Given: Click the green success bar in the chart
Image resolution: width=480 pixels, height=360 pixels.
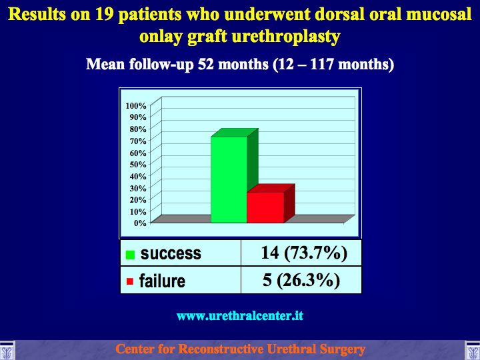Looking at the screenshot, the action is point(229,179).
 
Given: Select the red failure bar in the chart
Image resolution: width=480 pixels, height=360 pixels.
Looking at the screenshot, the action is point(265,207).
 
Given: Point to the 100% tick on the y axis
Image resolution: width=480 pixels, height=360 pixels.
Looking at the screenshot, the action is point(136,105).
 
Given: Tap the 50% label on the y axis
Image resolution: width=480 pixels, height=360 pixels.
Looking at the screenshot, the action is point(138,165).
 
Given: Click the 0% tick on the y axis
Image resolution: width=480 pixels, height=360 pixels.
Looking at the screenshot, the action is point(140,223).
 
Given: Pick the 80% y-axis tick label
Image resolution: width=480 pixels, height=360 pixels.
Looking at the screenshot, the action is point(138,129).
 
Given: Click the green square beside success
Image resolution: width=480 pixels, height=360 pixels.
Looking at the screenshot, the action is point(130,255).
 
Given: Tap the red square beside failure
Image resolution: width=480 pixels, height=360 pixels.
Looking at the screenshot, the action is point(130,281).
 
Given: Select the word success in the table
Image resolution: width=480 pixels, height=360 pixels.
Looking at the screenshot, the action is point(171,253).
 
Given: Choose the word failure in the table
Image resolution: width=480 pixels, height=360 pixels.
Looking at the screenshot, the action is point(162,281).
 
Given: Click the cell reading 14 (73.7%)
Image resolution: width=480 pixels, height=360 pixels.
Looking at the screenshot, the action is point(301,253).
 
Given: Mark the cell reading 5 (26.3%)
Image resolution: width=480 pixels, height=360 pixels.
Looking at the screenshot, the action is point(301,280).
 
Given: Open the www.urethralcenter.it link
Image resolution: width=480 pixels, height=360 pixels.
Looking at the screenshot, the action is point(240,315).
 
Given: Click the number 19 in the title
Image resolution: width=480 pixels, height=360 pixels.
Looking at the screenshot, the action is point(105,15).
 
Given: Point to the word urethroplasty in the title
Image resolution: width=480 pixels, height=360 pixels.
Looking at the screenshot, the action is point(286,37).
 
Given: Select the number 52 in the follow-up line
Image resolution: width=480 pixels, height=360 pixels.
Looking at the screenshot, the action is point(206,64).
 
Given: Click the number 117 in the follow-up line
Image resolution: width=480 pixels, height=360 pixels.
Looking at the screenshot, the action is point(321,64).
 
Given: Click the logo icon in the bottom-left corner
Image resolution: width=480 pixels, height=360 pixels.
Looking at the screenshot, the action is point(7,350).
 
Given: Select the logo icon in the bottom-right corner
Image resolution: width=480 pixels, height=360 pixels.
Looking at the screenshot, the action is point(473,350).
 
